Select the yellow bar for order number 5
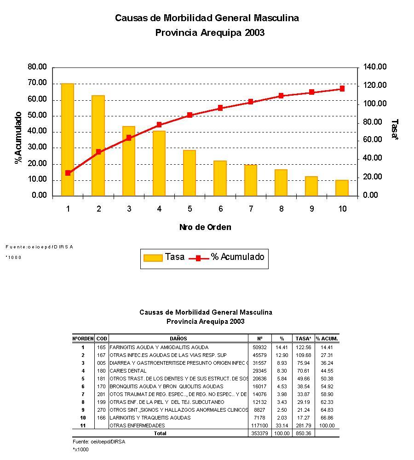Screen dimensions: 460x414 tap(190, 173)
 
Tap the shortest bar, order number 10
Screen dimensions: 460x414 tap(342, 188)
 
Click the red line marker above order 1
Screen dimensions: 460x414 tap(68, 173)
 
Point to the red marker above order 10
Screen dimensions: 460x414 tap(342, 88)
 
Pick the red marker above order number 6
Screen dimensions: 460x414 tap(220, 108)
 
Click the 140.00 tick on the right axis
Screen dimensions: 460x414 tap(375, 67)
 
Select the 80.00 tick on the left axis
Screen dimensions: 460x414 tap(37, 67)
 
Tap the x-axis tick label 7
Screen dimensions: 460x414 tap(251, 209)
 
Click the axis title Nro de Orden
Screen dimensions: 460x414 tap(205, 227)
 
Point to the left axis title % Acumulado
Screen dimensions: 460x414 tap(19, 138)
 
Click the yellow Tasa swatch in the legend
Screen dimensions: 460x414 tap(153, 258)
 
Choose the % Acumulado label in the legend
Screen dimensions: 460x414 tap(238, 257)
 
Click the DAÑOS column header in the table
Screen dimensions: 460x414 tap(178, 339)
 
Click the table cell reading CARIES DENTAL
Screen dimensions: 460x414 tap(128, 371)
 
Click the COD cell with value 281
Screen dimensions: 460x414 tap(101, 394)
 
